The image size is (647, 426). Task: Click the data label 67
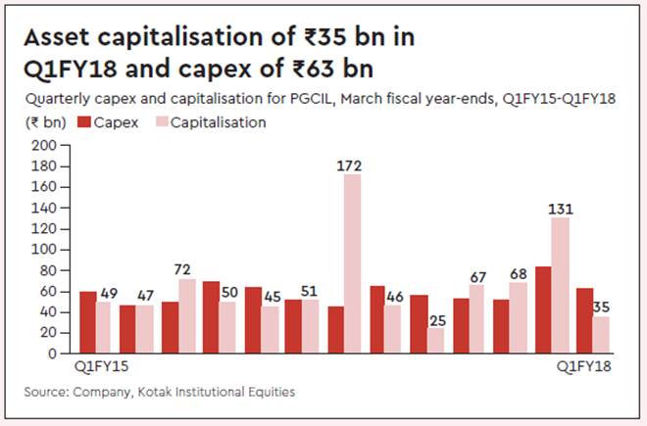pyautogui.click(x=477, y=276)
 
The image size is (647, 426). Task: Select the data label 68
pyautogui.click(x=520, y=274)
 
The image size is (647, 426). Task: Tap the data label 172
pyautogui.click(x=351, y=166)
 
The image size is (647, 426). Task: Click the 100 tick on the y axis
pyautogui.click(x=45, y=250)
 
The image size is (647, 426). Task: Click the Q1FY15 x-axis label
pyautogui.click(x=103, y=367)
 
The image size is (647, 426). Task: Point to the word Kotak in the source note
pyautogui.click(x=158, y=392)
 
